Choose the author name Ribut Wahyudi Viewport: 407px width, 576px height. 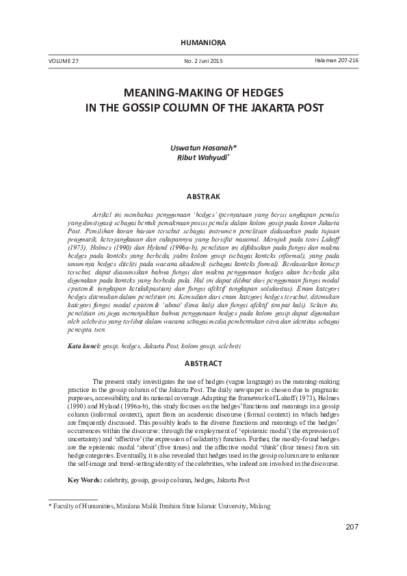202,157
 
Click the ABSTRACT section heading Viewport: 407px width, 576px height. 203,362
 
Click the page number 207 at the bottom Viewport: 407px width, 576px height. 352,545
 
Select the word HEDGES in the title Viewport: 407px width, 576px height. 261,92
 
